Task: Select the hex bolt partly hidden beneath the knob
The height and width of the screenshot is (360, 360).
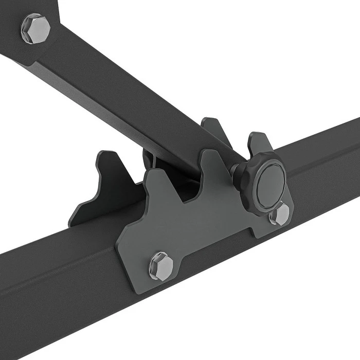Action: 280,213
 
